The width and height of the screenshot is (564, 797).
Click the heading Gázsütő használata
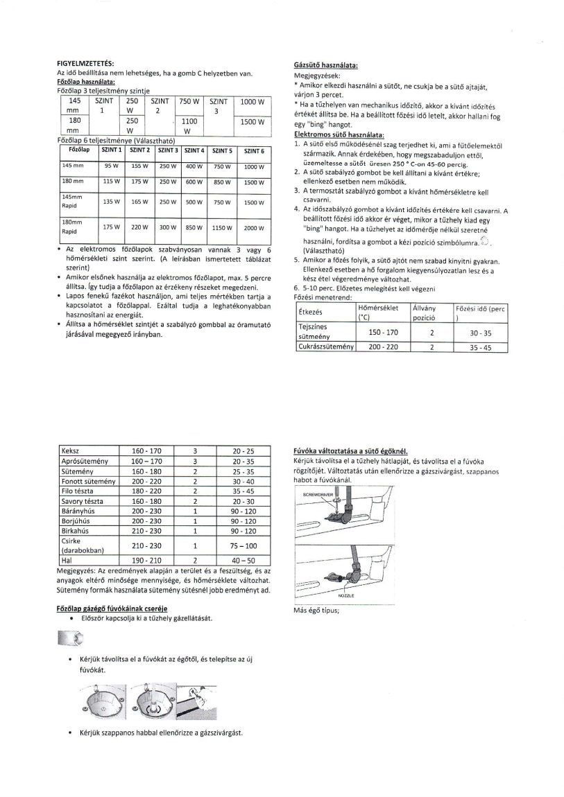point(325,64)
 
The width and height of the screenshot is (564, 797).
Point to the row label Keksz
point(71,450)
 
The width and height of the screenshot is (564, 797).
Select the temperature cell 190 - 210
point(146,559)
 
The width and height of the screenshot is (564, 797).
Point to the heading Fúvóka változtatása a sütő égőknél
point(350,450)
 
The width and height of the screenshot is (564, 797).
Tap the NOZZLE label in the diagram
point(346,595)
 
